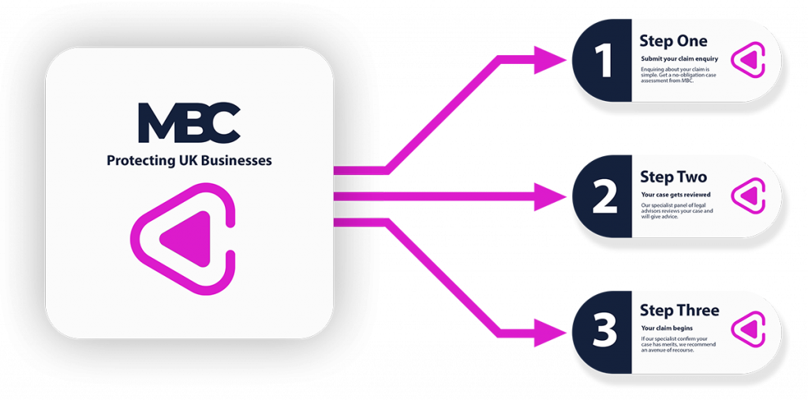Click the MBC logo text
click(189, 123)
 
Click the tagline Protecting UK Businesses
click(189, 160)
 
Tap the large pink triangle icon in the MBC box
click(186, 237)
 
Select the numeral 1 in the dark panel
click(604, 62)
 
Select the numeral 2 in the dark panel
click(604, 197)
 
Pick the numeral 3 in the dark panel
click(604, 332)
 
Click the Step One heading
click(673, 41)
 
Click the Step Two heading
click(673, 177)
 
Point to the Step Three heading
click(679, 310)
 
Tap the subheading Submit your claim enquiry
click(679, 59)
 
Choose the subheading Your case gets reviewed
click(675, 194)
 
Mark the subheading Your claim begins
click(668, 327)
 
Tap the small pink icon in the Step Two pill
click(747, 196)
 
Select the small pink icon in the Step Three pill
click(747, 330)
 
